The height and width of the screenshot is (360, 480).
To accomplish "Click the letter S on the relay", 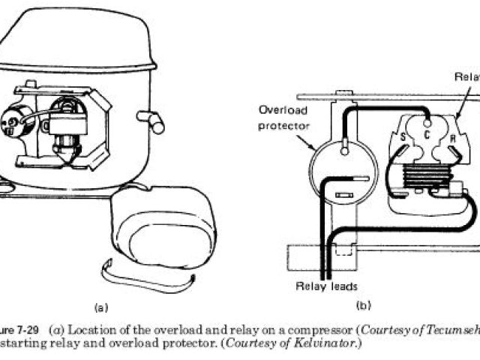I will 403,137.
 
